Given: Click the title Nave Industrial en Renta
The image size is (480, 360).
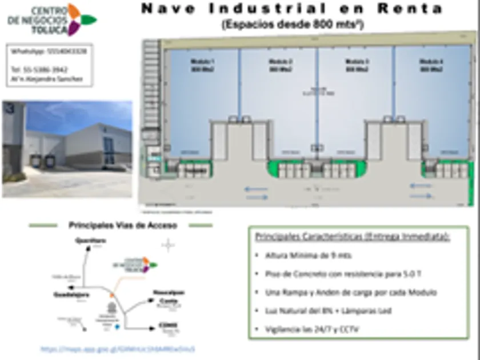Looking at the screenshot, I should click(291, 9).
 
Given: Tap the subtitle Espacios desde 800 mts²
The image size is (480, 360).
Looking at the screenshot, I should click(293, 25).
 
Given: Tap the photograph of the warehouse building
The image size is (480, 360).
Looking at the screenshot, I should click(67, 149).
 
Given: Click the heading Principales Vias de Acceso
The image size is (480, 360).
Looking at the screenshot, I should click(122, 225).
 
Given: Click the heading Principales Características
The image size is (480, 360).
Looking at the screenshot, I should click(353, 236).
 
